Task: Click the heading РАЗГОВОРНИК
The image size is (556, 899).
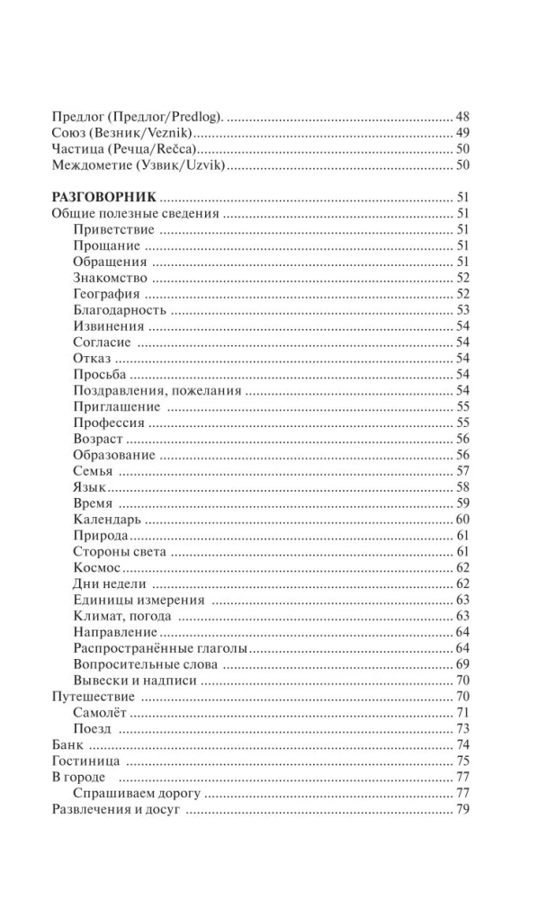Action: (105, 198)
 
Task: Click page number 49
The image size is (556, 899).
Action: (463, 134)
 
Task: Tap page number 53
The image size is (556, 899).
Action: (463, 310)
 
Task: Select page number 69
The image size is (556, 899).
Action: (463, 664)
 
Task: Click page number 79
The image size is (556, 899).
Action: (463, 809)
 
